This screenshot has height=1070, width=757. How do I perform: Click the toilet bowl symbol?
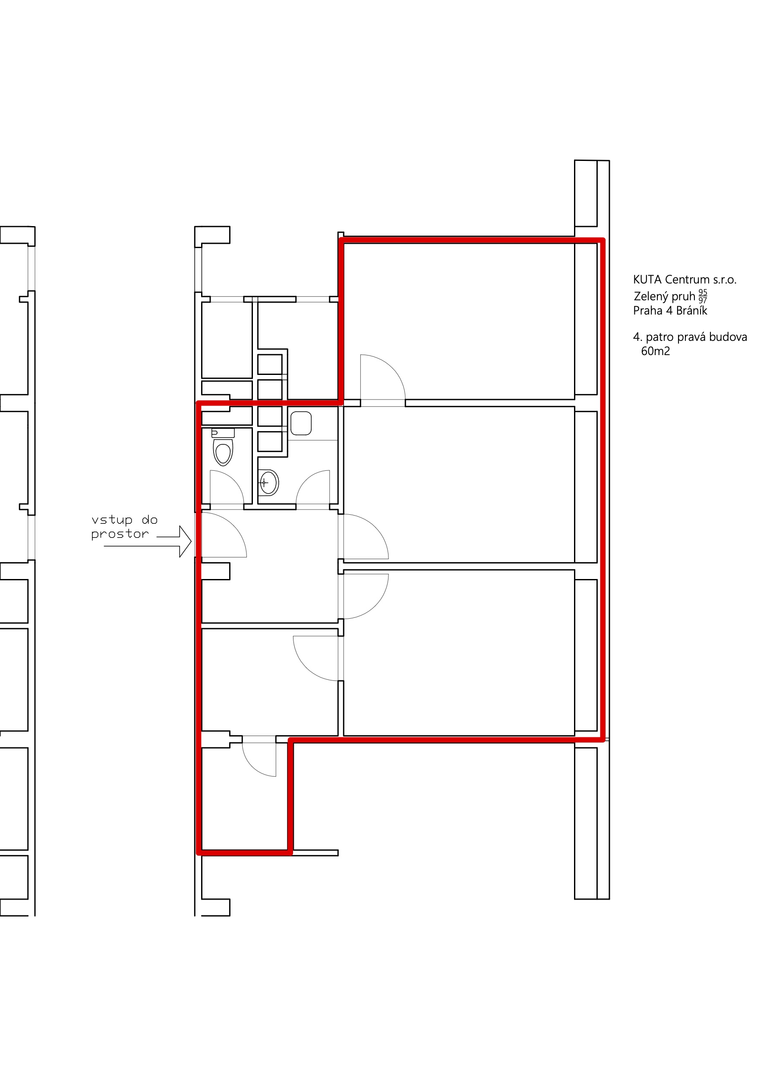pos(223,452)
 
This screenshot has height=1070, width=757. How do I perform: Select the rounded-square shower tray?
pos(301,423)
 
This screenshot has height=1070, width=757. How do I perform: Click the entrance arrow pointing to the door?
pos(148,541)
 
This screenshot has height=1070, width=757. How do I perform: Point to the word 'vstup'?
pos(112,520)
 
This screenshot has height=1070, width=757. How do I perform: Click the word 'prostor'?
pos(120,534)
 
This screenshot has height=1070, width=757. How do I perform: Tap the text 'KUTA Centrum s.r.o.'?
pos(684,280)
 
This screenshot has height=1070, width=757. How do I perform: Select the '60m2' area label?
pos(656,351)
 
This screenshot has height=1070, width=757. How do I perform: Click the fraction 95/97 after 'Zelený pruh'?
pos(703,296)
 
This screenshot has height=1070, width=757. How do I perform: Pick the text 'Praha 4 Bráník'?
pos(670,311)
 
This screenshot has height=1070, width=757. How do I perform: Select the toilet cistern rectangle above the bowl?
pos(223,433)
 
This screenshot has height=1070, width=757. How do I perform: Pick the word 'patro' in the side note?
pos(659,337)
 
